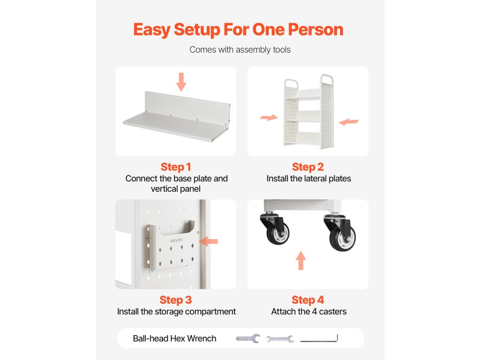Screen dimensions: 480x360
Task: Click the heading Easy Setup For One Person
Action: point(238,30)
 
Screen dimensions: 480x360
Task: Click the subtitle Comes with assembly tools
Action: point(240,50)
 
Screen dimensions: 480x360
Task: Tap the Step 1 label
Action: point(176,167)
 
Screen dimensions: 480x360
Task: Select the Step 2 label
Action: point(307,167)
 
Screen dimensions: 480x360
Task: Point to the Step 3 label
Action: point(176,300)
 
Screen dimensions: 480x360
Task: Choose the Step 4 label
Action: point(307,300)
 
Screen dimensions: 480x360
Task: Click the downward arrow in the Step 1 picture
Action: point(181,82)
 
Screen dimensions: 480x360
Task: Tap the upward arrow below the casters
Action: point(301,261)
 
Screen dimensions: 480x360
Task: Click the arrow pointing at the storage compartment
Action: point(209,241)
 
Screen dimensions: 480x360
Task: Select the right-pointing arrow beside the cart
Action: point(269,117)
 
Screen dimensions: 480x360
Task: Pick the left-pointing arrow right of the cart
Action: point(349,122)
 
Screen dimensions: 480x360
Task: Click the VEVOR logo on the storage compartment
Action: point(176,240)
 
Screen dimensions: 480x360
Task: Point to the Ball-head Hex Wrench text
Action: point(174,338)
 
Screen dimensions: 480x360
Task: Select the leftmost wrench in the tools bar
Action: point(248,338)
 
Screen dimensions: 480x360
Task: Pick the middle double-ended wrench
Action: point(280,338)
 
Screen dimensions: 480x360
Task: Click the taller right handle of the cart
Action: point(327,79)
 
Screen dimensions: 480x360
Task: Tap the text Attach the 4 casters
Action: point(308,312)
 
